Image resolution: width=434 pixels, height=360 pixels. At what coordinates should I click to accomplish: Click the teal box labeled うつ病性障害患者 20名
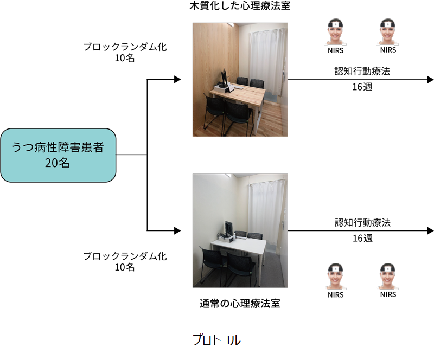pyautogui.click(x=59, y=155)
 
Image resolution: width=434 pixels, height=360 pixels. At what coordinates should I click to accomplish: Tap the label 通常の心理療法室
pyautogui.click(x=240, y=303)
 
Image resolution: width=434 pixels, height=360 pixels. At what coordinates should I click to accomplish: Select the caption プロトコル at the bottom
pyautogui.click(x=216, y=340)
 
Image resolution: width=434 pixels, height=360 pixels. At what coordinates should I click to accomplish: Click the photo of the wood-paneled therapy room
pyautogui.click(x=240, y=79)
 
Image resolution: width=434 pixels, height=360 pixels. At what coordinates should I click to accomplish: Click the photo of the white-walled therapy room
pyautogui.click(x=240, y=230)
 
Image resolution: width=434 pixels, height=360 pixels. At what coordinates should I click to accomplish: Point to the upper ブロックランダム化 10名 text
pyautogui.click(x=125, y=53)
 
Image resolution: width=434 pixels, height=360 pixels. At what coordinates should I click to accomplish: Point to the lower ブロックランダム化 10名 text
pyautogui.click(x=125, y=261)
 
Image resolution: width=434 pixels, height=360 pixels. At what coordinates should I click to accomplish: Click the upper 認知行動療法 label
pyautogui.click(x=362, y=72)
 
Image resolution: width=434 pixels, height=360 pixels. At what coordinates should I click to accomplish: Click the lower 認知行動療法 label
pyautogui.click(x=362, y=223)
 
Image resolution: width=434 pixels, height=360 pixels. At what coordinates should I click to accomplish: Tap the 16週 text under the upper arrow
pyautogui.click(x=362, y=87)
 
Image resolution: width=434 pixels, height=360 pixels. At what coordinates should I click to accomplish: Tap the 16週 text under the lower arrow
pyautogui.click(x=362, y=238)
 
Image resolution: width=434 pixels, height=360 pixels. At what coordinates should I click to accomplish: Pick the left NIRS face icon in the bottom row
pyautogui.click(x=336, y=277)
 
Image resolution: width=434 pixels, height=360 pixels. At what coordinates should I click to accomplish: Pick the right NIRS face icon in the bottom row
pyautogui.click(x=388, y=277)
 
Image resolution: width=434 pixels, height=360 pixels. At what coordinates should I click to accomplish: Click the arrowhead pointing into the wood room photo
pyautogui.click(x=177, y=79)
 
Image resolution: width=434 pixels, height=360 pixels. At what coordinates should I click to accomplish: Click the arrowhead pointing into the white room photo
pyautogui.click(x=177, y=230)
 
